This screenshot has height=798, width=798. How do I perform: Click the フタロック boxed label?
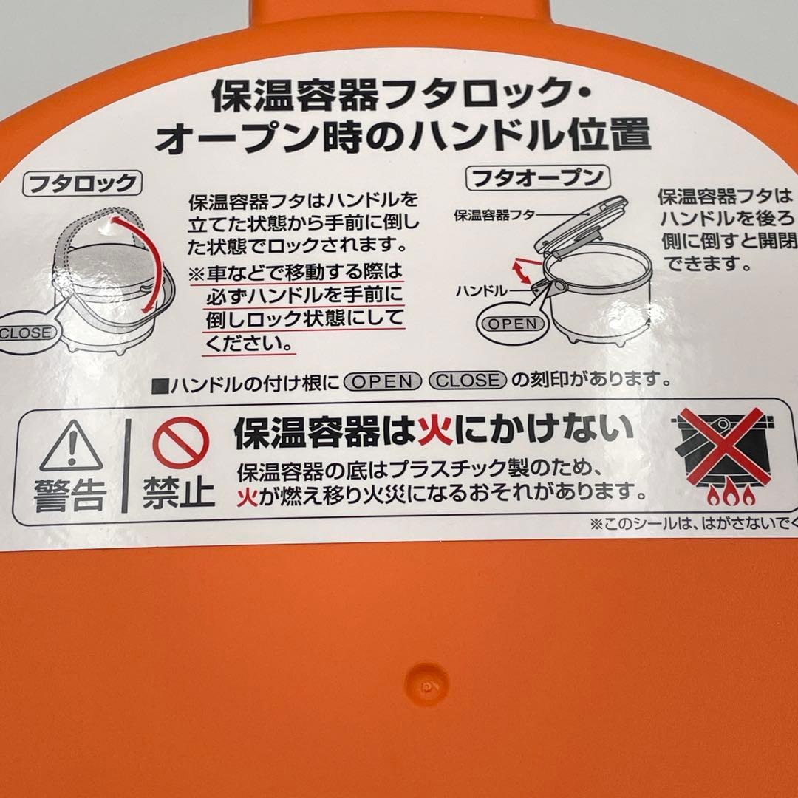pos(81,183)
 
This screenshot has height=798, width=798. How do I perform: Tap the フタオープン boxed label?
pos(536,179)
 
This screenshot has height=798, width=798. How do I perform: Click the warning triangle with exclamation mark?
pos(71,446)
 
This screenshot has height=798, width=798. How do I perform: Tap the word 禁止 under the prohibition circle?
pos(180,491)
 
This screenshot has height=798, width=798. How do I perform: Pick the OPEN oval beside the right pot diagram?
pos(512,324)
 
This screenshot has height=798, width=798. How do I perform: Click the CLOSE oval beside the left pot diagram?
pos(26,332)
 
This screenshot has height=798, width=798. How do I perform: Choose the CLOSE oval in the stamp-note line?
pos(468,381)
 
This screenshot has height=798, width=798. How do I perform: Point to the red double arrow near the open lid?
pos(521,270)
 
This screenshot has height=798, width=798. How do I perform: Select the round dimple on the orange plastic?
pos(427,685)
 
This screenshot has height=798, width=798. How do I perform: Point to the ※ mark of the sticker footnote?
pos(597,525)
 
